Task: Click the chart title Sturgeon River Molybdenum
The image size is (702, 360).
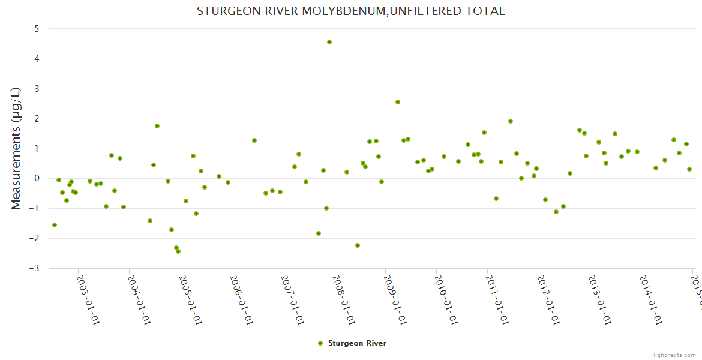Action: [x=351, y=11]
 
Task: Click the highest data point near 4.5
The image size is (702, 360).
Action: [x=329, y=42]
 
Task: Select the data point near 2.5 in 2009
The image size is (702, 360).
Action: [x=398, y=102]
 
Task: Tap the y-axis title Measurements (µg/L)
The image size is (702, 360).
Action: [x=16, y=148]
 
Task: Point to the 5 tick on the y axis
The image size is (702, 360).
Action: [x=37, y=29]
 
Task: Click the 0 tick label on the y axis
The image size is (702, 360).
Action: [x=37, y=178]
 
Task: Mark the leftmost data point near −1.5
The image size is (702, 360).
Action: [x=55, y=225]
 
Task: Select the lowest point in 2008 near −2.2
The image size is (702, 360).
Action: [x=358, y=245]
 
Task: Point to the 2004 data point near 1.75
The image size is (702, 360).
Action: [x=157, y=126]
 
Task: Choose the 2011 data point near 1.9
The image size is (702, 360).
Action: [x=511, y=121]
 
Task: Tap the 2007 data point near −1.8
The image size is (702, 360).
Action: [x=319, y=233]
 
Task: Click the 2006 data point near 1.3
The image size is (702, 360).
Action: [x=254, y=140]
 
